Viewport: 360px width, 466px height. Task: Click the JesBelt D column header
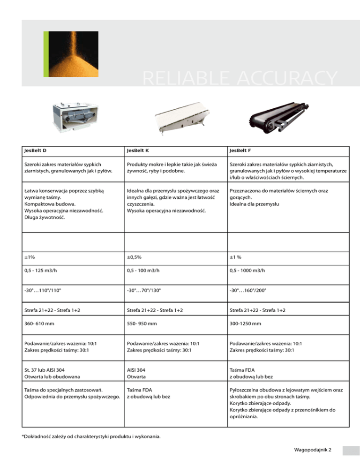(37, 151)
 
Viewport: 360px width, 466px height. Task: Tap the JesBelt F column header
(241, 151)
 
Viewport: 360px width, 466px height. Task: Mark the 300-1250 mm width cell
(245, 323)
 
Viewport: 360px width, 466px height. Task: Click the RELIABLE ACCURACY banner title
(240, 79)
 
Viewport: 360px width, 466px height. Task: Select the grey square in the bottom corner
(349, 450)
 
